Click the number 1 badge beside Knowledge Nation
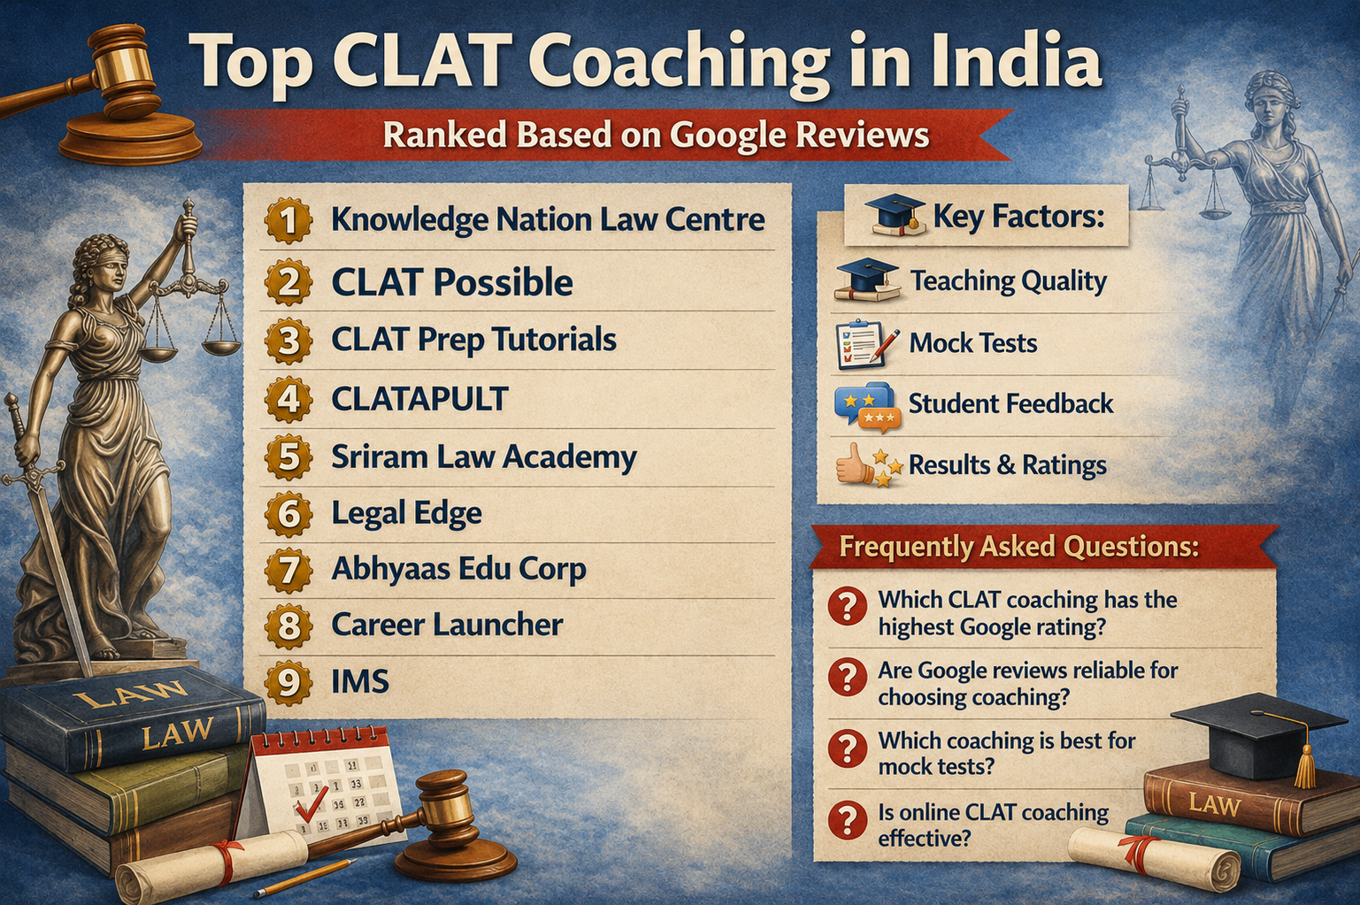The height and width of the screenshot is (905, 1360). pos(288,220)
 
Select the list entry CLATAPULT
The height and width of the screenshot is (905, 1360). pos(419,399)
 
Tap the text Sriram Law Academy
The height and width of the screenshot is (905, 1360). pos(484,457)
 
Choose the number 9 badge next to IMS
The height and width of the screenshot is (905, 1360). pos(288,682)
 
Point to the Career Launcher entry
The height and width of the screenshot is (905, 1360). pos(447,625)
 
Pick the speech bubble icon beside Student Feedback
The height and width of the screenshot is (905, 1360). pos(866,406)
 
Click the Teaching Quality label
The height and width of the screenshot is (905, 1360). pos(1009,281)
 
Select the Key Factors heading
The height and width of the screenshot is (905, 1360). pos(1018,216)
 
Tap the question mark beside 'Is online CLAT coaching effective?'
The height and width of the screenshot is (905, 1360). pos(847,820)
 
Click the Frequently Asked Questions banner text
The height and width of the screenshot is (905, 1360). pos(1019,547)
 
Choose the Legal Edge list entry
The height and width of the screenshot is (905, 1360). pos(407,513)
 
